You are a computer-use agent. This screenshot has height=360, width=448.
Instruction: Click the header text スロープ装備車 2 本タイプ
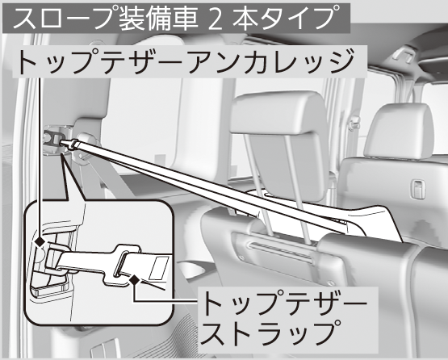tap(176, 18)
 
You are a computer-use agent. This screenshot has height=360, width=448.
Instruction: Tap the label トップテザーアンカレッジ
tap(186, 61)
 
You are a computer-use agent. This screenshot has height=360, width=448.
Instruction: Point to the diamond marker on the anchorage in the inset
tap(40, 242)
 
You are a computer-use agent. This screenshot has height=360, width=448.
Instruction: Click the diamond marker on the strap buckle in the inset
tap(135, 280)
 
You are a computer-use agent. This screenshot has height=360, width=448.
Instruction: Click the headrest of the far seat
tap(399, 132)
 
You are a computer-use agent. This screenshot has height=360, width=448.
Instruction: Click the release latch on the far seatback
tap(417, 189)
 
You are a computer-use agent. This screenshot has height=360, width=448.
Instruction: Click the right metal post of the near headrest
tap(297, 189)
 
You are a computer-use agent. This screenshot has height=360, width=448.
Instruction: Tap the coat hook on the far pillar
tap(354, 122)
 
